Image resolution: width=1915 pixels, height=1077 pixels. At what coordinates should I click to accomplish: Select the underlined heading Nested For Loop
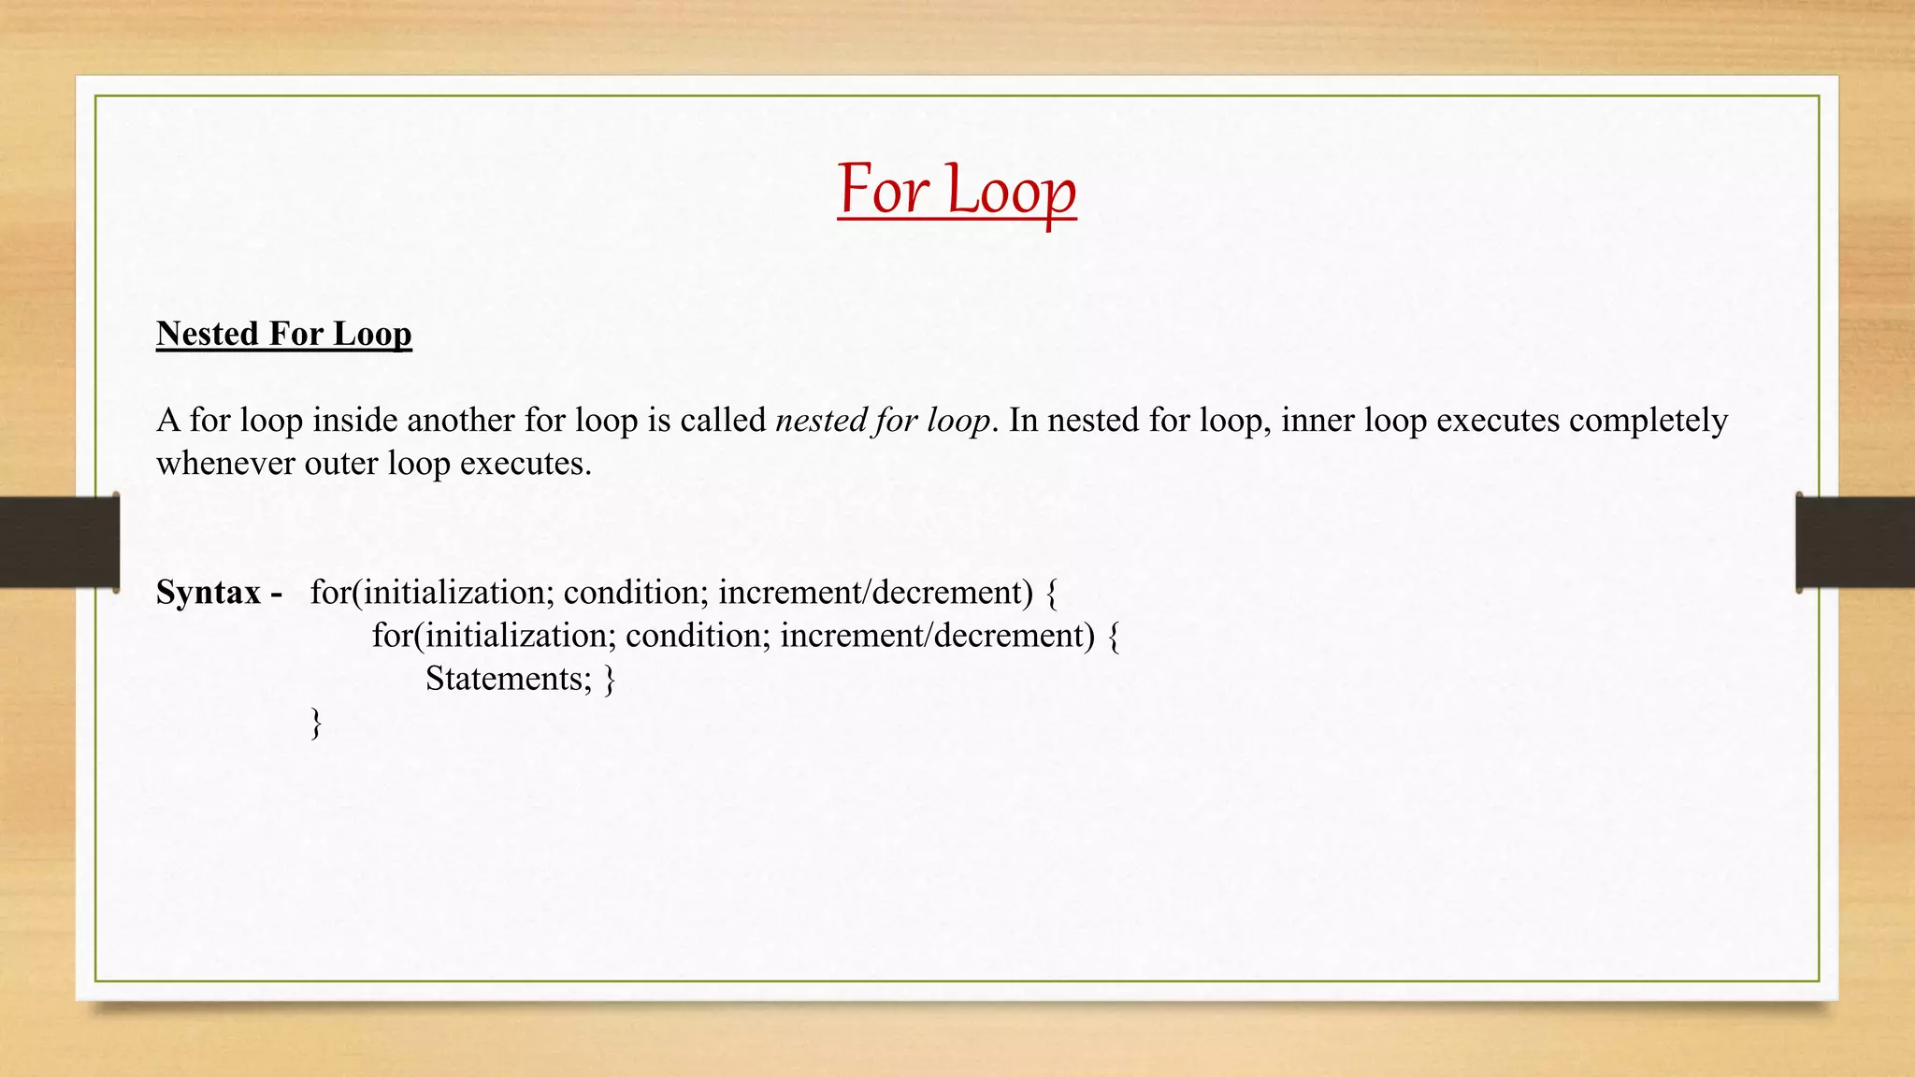(283, 334)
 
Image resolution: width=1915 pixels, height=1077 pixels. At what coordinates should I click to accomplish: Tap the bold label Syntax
(209, 592)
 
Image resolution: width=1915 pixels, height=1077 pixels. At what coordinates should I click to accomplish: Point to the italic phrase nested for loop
(883, 421)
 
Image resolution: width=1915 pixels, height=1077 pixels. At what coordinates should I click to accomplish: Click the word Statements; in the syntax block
(509, 679)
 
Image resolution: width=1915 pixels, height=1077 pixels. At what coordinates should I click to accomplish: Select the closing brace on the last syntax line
(316, 723)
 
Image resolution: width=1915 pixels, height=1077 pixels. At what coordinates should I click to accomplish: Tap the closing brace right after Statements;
(610, 679)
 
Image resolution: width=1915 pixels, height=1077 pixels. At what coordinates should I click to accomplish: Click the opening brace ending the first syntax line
(1052, 593)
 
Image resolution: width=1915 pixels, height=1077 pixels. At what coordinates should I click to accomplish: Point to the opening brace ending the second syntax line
(1113, 636)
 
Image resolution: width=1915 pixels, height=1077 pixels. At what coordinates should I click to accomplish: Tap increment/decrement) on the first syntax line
(875, 593)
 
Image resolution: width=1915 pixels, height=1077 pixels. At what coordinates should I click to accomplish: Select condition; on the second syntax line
(698, 636)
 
